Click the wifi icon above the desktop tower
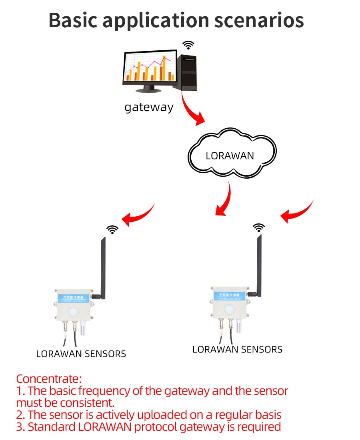[x=188, y=45]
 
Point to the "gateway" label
[x=149, y=108]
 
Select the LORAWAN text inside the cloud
[x=230, y=155]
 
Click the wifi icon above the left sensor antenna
[x=112, y=229]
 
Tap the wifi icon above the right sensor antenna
[x=259, y=227]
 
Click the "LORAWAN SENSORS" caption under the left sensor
[x=81, y=354]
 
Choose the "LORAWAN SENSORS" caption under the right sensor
[x=237, y=349]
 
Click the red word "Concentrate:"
[x=49, y=378]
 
